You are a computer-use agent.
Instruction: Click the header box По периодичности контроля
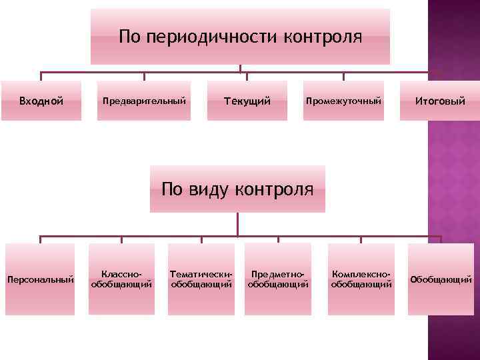coord(240,37)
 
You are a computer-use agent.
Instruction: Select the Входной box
coord(41,101)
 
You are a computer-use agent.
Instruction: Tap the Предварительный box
coord(144,101)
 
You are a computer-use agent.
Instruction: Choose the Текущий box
coord(247,101)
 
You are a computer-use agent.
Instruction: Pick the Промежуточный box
coord(344,101)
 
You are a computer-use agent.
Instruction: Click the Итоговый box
coord(440,101)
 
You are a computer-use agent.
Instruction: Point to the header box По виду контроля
coord(237,189)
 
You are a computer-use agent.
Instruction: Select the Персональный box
coord(40,279)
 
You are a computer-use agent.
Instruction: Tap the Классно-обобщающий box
coord(121,279)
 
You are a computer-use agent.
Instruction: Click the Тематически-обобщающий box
coord(202,279)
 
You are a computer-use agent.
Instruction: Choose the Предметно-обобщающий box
coord(278,279)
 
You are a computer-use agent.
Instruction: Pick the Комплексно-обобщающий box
coord(361,279)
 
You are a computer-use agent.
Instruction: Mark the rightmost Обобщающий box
coord(441,279)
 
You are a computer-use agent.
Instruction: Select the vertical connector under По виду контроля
coord(238,224)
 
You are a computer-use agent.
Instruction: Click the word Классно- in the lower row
coord(121,273)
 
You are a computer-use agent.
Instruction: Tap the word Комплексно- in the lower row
coord(361,273)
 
